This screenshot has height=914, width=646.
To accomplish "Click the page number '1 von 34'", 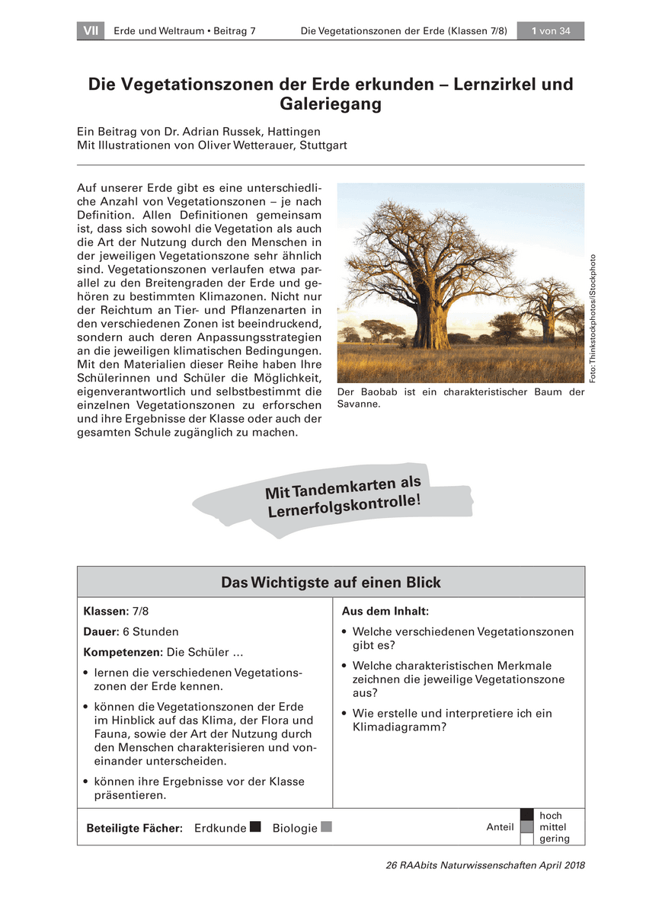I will point(550,31).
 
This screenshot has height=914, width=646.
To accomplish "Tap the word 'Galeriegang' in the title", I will point(331,104).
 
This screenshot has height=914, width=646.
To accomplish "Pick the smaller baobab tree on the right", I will point(548,305).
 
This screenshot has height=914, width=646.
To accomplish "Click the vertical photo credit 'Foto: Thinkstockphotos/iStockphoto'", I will point(596,318).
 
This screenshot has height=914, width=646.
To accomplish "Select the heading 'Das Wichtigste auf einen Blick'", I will point(331,583).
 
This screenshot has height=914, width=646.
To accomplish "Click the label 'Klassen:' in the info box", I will point(106,612).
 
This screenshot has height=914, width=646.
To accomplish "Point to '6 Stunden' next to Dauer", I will point(155,631).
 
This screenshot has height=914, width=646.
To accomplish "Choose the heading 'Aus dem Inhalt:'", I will point(385,612).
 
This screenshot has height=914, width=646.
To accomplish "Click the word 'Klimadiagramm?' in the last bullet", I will point(399,727).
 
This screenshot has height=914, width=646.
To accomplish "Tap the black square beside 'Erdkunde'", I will point(255,826).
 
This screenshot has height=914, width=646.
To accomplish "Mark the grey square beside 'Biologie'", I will point(327,826).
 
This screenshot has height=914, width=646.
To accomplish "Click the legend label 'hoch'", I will point(550,816).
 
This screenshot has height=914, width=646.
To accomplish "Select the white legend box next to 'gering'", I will point(526,839).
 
